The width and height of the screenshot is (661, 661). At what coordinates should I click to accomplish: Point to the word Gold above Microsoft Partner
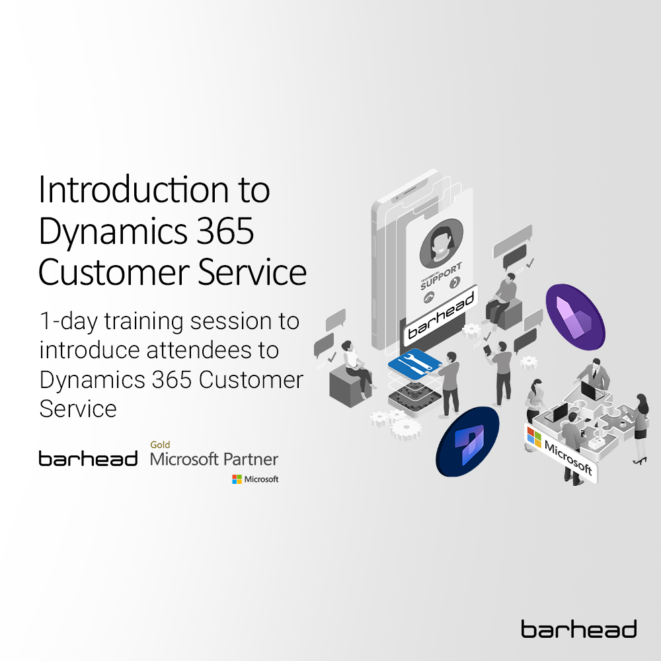160,445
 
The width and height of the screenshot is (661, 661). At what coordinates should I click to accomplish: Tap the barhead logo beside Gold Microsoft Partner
88,459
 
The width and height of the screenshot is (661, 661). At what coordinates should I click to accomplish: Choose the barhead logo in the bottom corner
578,629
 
